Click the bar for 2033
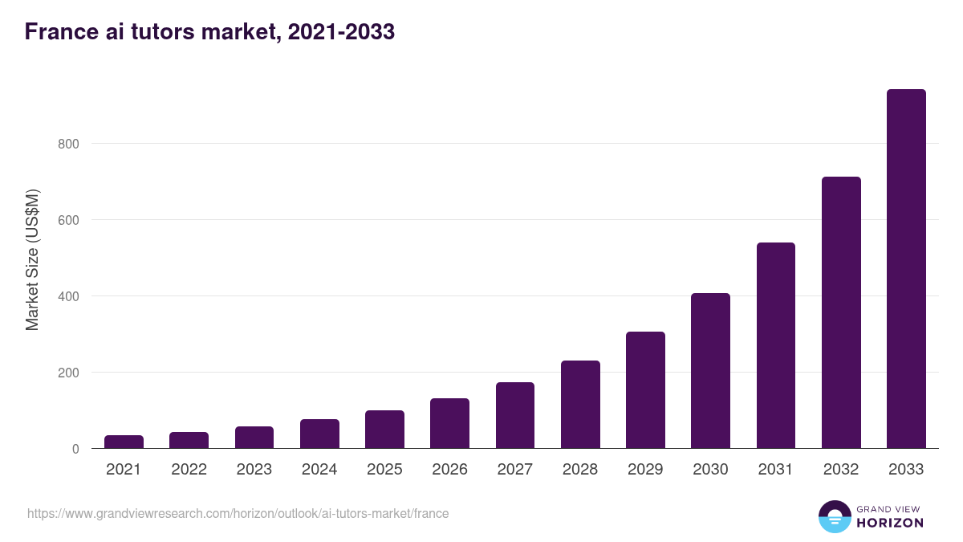pyautogui.click(x=906, y=269)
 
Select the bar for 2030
pyautogui.click(x=710, y=371)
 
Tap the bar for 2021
pyautogui.click(x=124, y=442)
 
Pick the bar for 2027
pyautogui.click(x=514, y=415)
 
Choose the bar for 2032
pyautogui.click(x=841, y=312)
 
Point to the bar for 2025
pyautogui.click(x=384, y=430)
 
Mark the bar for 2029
pyautogui.click(x=645, y=390)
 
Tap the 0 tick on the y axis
pyautogui.click(x=75, y=449)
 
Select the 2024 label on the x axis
pyautogui.click(x=319, y=470)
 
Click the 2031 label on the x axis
pyautogui.click(x=776, y=470)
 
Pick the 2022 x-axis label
pyautogui.click(x=189, y=470)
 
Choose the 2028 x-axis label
pyautogui.click(x=580, y=470)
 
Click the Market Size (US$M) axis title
pyautogui.click(x=32, y=260)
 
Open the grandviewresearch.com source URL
pyautogui.click(x=238, y=513)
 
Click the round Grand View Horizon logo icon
pyautogui.click(x=834, y=516)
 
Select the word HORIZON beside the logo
pyautogui.click(x=890, y=523)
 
